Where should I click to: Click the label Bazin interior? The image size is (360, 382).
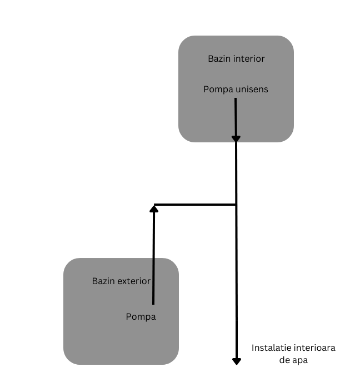point(236,58)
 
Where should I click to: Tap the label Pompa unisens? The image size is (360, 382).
point(236,89)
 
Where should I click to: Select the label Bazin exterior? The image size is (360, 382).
point(121,281)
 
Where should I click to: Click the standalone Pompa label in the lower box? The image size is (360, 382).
point(141,317)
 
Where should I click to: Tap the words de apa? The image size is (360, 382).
point(293,360)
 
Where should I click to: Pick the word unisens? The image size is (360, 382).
point(251,89)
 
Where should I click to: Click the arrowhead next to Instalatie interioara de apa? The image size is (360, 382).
point(237,361)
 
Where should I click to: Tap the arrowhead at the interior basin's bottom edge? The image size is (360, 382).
point(236,138)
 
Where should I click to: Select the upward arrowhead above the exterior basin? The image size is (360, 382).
point(154,208)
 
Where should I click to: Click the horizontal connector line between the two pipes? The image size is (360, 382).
point(194,205)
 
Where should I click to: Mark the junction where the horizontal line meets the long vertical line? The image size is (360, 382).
point(237,205)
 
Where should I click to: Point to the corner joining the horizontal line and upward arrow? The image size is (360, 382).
point(154,205)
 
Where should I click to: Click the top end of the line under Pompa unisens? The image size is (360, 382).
point(236,100)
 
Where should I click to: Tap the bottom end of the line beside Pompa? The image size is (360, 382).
point(153,304)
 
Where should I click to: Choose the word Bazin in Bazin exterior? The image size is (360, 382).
point(103,281)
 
